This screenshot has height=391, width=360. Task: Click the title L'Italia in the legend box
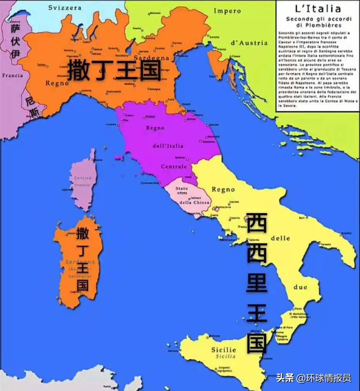click(x=318, y=9)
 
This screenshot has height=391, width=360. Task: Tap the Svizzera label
click(x=65, y=7)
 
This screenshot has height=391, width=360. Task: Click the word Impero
click(x=227, y=11)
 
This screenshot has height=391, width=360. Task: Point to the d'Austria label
click(x=249, y=43)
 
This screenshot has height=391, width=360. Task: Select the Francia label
click(x=12, y=75)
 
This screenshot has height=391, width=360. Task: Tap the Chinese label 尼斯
click(x=32, y=107)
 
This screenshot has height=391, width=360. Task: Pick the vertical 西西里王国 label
click(x=257, y=283)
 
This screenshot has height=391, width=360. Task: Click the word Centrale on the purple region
click(x=174, y=167)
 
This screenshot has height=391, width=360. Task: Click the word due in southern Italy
click(x=300, y=287)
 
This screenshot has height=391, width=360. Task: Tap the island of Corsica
click(x=83, y=182)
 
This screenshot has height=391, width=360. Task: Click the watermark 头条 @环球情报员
click(x=314, y=378)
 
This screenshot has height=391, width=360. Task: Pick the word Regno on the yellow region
click(x=223, y=189)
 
